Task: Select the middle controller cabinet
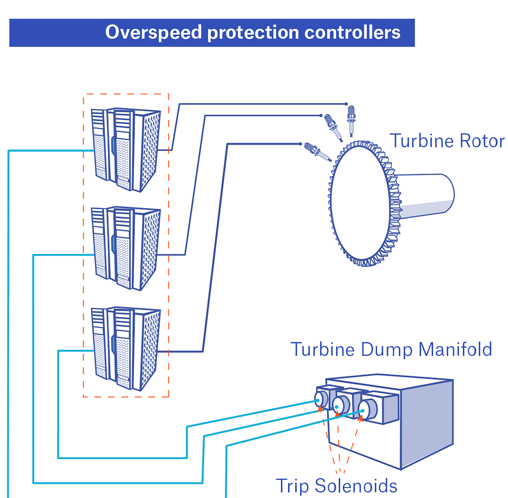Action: (126, 248)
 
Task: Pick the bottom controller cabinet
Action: (126, 349)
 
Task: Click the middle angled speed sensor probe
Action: (333, 127)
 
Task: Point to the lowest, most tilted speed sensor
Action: (317, 152)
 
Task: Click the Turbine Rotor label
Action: (447, 141)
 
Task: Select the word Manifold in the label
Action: (455, 349)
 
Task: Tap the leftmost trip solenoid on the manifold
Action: (321, 399)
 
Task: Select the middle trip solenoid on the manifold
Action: (341, 405)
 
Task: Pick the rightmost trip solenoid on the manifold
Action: (368, 410)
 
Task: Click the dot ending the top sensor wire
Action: (346, 104)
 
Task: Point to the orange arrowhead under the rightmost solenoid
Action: (360, 418)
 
